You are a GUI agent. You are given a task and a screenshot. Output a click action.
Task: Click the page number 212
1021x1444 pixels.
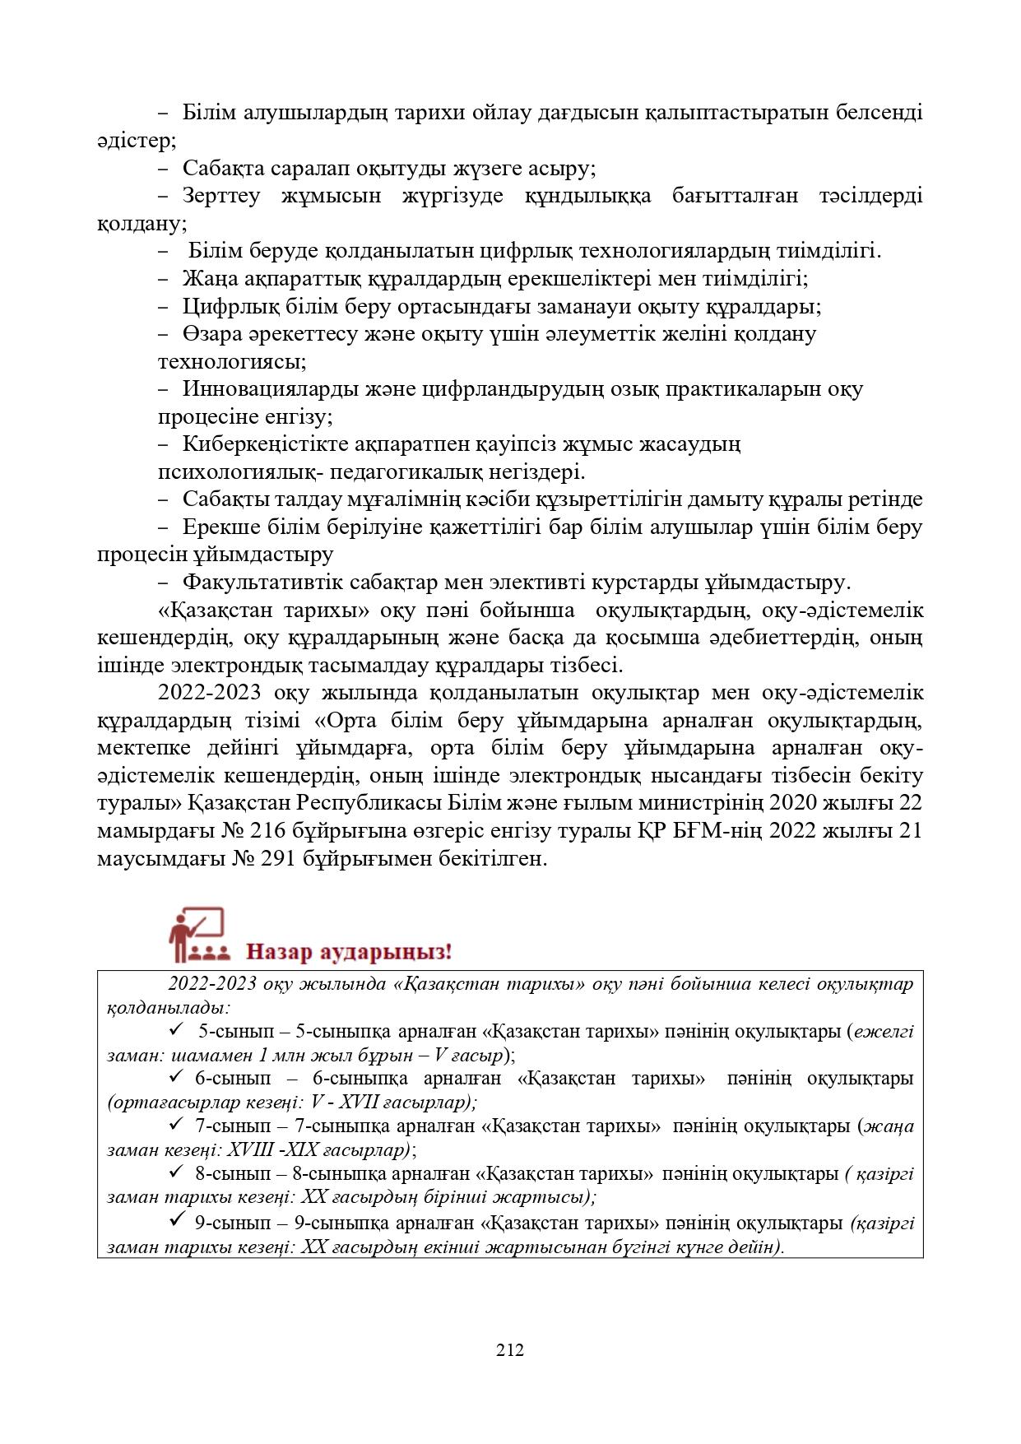[x=510, y=1350]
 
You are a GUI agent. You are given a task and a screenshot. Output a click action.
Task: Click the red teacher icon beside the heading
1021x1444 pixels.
[x=197, y=936]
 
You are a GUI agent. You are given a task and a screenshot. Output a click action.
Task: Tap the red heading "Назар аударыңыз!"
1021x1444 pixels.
[x=349, y=953]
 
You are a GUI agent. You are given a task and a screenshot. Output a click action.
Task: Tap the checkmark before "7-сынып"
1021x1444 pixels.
[x=175, y=1125]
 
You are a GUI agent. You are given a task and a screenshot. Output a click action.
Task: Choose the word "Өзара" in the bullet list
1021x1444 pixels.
[x=207, y=334]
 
